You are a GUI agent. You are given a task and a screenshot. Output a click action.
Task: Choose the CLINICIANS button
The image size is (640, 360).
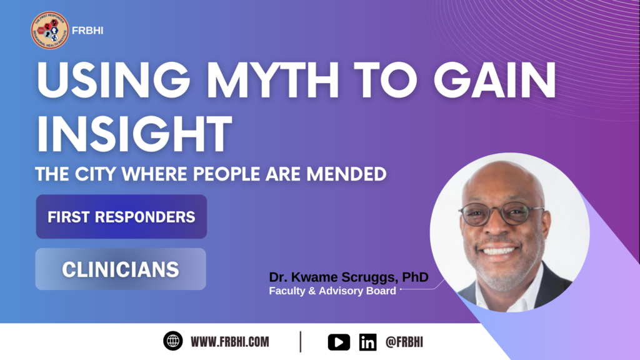(x=121, y=269)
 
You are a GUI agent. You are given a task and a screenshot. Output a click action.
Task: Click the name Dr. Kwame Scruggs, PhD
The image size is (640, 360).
(x=349, y=277)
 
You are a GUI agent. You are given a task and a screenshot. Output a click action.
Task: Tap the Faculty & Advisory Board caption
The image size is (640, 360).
(x=332, y=291)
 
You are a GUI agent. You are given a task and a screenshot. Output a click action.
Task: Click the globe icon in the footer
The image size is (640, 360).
(x=173, y=341)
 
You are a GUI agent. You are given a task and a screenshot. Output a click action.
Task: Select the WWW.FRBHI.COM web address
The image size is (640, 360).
(x=230, y=342)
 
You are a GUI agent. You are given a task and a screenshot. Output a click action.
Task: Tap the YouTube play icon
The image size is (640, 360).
(x=339, y=342)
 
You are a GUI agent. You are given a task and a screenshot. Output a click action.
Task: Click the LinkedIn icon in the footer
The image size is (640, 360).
(x=368, y=342)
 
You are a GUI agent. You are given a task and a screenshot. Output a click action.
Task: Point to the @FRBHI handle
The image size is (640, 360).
(x=404, y=342)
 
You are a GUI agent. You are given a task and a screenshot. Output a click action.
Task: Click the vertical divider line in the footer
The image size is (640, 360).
(x=301, y=342)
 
